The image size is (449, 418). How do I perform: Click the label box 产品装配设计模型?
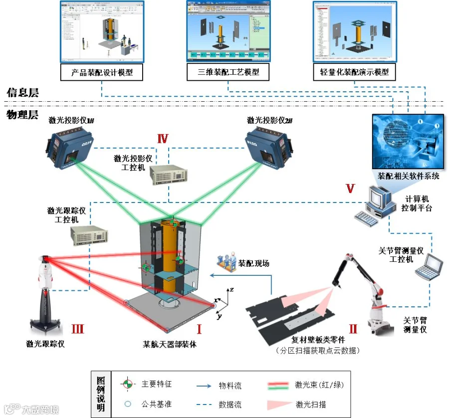pyautogui.click(x=101, y=72)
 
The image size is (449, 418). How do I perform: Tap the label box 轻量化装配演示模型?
pyautogui.click(x=354, y=72)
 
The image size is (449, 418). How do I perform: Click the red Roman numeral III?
pyautogui.click(x=77, y=329)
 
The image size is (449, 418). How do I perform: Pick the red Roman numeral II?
pyautogui.click(x=353, y=329)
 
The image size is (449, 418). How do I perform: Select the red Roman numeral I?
pyautogui.click(x=199, y=329)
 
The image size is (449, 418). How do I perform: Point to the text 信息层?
pyautogui.click(x=22, y=93)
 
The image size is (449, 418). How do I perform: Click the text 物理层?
pyautogui.click(x=22, y=115)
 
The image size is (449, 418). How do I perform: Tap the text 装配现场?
pyautogui.click(x=253, y=263)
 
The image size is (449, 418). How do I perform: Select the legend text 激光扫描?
pyautogui.click(x=311, y=404)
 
